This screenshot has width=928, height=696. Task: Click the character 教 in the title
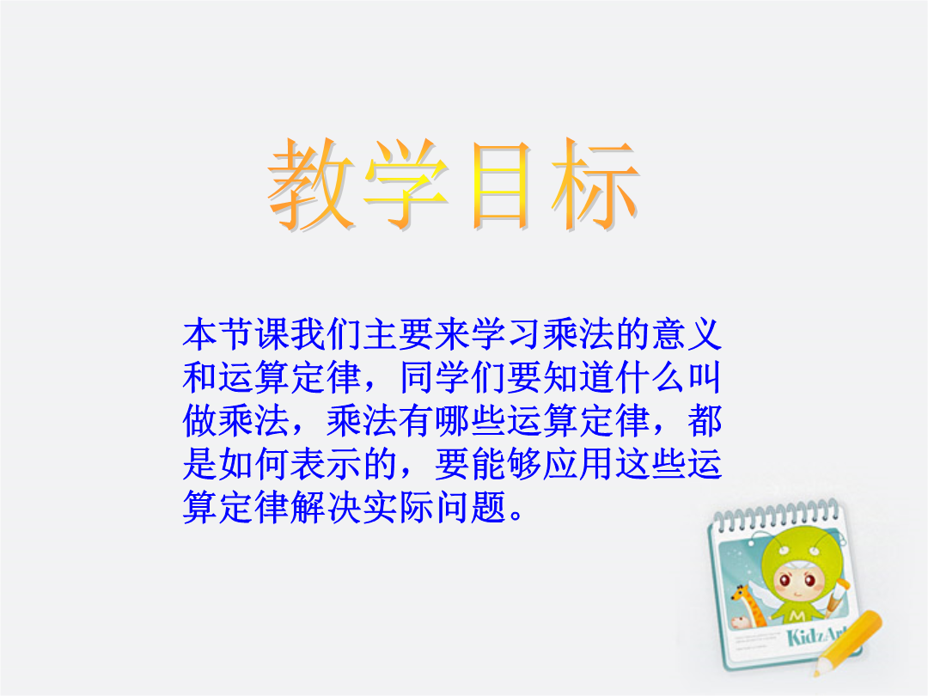[x=311, y=184]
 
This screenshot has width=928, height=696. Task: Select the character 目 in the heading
[x=501, y=186]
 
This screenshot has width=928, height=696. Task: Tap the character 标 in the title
[x=595, y=184]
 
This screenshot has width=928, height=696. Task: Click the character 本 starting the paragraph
[x=200, y=334]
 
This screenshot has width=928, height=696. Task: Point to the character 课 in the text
[x=272, y=334]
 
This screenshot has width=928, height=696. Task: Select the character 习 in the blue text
[x=524, y=334]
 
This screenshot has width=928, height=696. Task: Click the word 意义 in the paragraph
[x=687, y=334]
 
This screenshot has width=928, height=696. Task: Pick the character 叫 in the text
[x=705, y=377]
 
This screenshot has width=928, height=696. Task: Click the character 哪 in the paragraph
[x=452, y=421]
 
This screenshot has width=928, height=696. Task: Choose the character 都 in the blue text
[x=705, y=421]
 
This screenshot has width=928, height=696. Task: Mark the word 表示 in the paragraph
[x=327, y=464]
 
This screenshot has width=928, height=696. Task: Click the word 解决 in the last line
[x=327, y=507]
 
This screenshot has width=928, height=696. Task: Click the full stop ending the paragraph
[x=516, y=515]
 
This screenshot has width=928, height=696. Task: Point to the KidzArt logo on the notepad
[x=818, y=635]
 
